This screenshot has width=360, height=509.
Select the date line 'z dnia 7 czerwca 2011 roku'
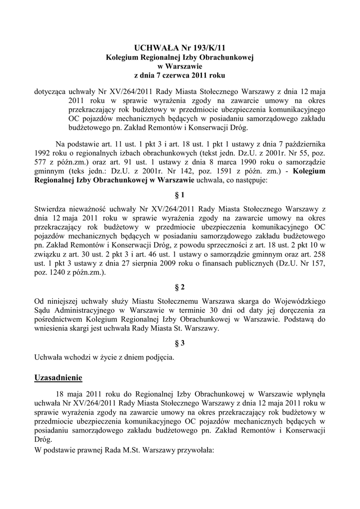point(180,76)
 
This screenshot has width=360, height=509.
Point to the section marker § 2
point(180,287)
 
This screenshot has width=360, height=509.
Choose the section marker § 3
point(180,343)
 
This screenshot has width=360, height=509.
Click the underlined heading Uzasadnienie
point(58,378)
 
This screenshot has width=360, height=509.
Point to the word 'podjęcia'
point(159,357)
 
